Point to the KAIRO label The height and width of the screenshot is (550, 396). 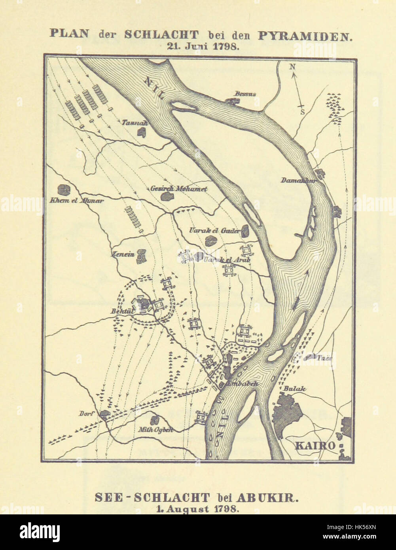point(315,446)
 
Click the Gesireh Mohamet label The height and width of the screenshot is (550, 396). point(179,189)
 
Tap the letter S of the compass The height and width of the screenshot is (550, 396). point(302,112)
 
